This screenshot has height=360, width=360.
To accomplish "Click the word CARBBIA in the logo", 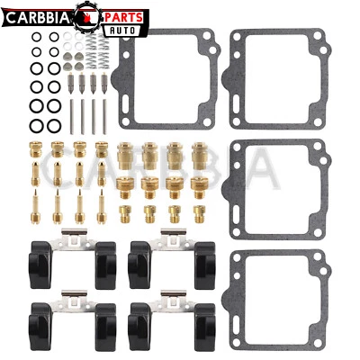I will tap(36, 16).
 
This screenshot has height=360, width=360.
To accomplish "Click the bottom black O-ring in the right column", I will tap(53, 124).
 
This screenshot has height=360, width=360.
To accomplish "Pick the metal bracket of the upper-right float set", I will tap(168, 237).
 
